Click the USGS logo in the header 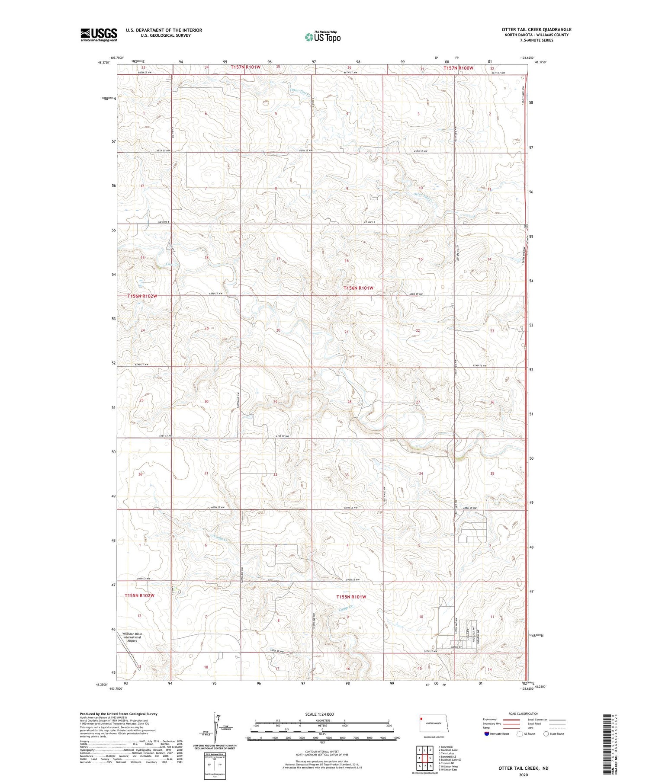(99, 35)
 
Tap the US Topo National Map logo (322, 37)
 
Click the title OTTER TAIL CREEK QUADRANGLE (536, 29)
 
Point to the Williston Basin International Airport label (132, 637)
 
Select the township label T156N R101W (358, 288)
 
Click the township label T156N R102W (142, 296)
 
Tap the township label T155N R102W (139, 595)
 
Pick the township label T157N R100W (458, 68)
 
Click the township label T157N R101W (245, 67)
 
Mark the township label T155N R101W (351, 597)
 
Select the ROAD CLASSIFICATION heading (524, 714)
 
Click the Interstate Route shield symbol (487, 734)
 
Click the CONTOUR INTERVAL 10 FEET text (322, 752)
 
